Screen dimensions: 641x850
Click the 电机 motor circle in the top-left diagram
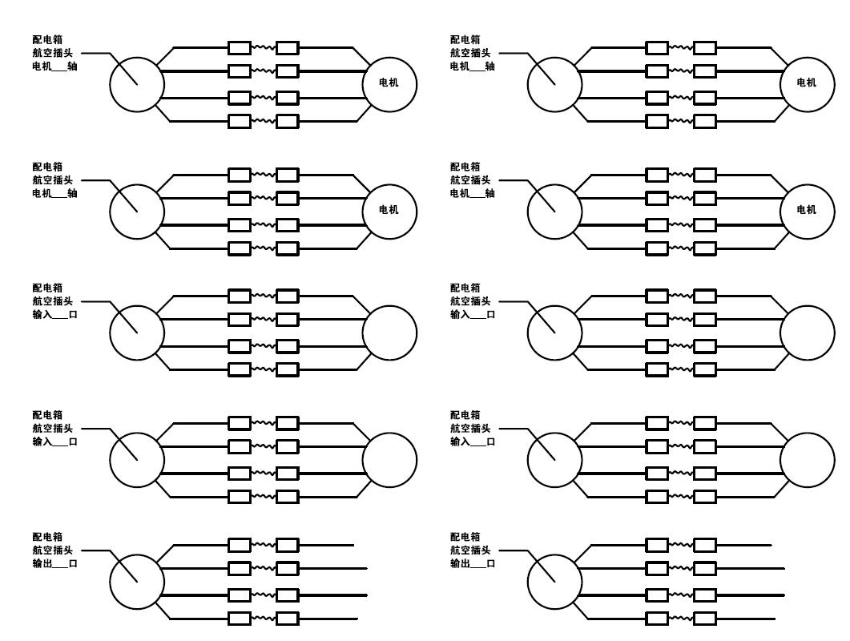coord(389,83)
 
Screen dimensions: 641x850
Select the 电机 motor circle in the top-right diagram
coord(808,83)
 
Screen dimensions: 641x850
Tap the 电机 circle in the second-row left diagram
coord(389,210)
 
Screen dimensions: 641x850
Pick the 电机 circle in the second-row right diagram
coord(808,210)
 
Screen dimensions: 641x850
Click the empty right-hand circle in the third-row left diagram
coord(389,333)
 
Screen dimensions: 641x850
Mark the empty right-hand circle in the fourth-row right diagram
coord(808,460)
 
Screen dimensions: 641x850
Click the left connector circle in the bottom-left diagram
coord(137,582)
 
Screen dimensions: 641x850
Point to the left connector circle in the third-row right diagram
coord(554,333)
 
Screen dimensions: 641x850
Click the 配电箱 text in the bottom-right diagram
coord(465,537)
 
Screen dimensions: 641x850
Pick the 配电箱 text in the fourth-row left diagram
coord(47,415)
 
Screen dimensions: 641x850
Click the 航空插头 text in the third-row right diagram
coord(470,301)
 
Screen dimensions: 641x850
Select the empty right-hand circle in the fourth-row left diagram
coord(389,460)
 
